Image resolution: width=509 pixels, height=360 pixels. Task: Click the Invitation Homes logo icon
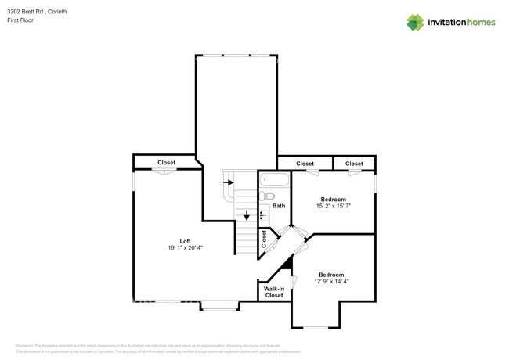tap(414, 23)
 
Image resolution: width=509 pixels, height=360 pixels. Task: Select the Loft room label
tap(185, 241)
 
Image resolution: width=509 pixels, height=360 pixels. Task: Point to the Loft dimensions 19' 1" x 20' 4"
tap(185, 248)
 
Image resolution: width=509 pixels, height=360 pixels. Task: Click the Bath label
tap(279, 206)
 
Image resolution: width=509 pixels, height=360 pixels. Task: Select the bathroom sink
tap(263, 213)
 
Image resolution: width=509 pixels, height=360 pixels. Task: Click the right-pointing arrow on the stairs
tap(229, 182)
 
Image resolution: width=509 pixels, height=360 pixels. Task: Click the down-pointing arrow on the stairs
tap(247, 215)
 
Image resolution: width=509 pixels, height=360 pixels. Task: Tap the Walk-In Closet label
tap(274, 292)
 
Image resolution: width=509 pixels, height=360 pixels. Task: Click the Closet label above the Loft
tap(166, 163)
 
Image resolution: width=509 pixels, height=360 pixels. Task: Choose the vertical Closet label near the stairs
tap(265, 239)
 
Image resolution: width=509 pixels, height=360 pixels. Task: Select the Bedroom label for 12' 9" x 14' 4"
tap(331, 275)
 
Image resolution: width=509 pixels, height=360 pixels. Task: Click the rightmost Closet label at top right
tap(354, 164)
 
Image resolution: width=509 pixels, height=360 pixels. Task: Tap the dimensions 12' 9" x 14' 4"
tap(331, 283)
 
